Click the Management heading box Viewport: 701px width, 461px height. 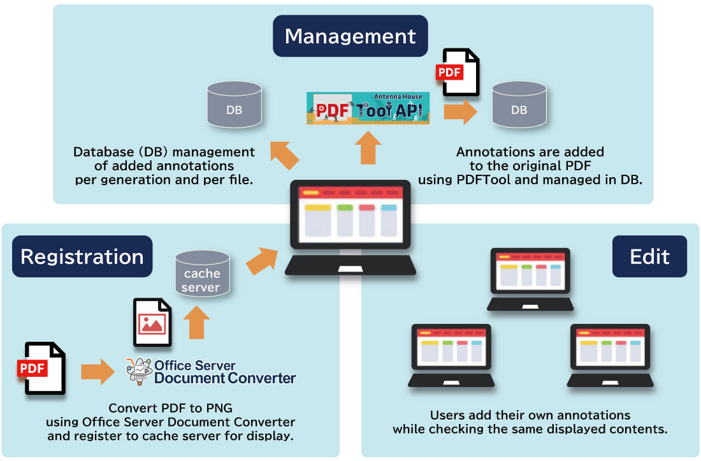pyautogui.click(x=350, y=36)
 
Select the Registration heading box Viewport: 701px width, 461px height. pyautogui.click(x=82, y=256)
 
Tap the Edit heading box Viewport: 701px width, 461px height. pyautogui.click(x=649, y=256)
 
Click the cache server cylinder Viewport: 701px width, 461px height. pyautogui.click(x=202, y=275)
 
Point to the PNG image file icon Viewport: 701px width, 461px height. pyautogui.click(x=152, y=323)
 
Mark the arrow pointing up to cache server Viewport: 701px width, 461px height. pyautogui.click(x=199, y=324)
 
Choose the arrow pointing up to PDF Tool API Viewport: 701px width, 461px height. pyautogui.click(x=368, y=147)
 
